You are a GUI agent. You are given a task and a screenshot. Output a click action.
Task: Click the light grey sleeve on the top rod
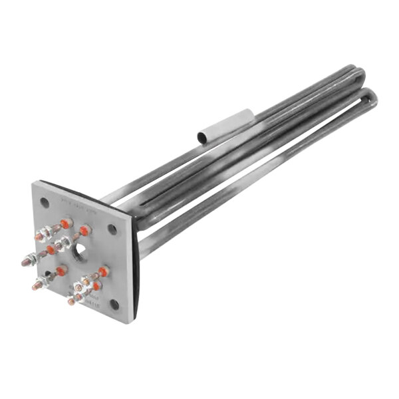coord(226,125)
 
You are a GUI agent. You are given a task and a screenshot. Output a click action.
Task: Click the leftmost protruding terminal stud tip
coord(25,262)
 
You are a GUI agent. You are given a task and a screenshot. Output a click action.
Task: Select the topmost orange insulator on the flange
coord(66,223)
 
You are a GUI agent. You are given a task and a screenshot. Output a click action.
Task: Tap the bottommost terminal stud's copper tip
coord(70,302)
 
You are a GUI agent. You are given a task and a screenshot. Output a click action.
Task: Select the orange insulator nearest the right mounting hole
coord(103,271)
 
